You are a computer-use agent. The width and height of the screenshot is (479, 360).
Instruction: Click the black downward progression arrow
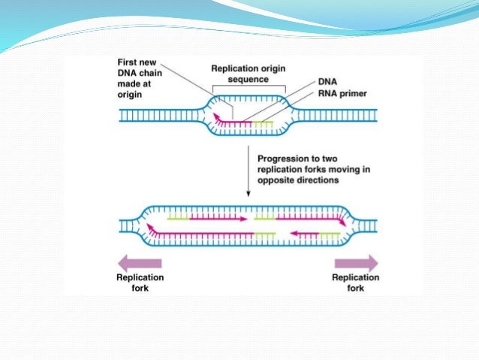click(249, 174)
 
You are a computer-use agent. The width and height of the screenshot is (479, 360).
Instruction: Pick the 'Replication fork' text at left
click(140, 281)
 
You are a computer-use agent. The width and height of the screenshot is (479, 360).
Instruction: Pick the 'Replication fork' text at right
click(356, 281)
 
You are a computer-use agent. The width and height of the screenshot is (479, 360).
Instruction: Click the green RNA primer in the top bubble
click(262, 120)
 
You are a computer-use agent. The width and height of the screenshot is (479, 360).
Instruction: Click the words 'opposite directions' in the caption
click(293, 183)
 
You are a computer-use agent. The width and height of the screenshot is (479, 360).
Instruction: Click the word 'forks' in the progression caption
click(318, 171)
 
